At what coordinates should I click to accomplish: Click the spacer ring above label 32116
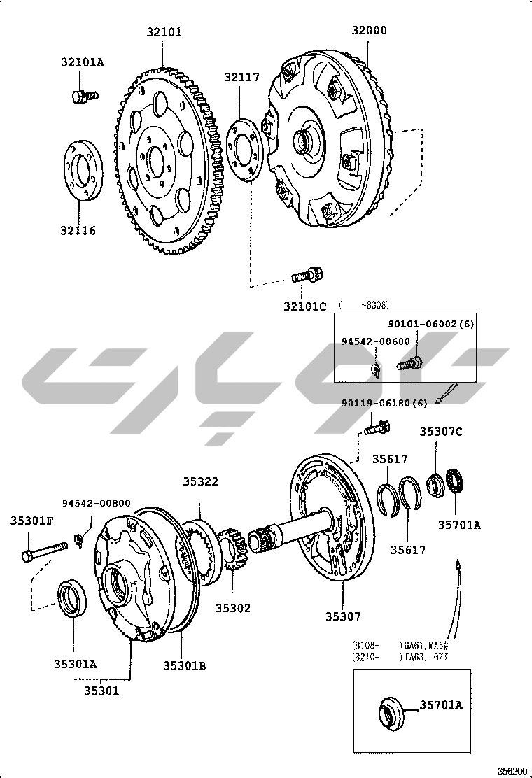click(83, 172)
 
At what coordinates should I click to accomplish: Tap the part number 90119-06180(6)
click(384, 403)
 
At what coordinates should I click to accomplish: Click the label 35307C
click(441, 432)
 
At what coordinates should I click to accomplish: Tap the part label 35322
click(201, 481)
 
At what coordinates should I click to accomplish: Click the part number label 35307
click(343, 616)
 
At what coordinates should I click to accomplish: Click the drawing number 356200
click(512, 770)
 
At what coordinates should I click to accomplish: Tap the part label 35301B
click(184, 666)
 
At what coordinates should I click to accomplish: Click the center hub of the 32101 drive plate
click(159, 160)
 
